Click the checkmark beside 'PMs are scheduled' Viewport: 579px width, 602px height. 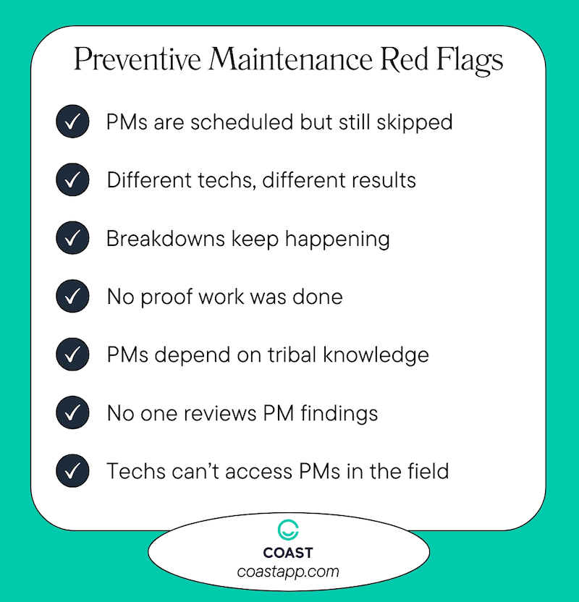tap(72, 122)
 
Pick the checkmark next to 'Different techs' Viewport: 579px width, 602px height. tap(72, 180)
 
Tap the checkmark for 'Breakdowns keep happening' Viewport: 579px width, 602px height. tap(72, 239)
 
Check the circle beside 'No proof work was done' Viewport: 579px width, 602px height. tap(72, 297)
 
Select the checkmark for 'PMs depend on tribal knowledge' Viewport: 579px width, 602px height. tap(72, 355)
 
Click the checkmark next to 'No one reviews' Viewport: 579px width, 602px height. tap(72, 413)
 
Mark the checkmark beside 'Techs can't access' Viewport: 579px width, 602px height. tap(72, 472)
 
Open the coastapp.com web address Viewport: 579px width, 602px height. tap(288, 572)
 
